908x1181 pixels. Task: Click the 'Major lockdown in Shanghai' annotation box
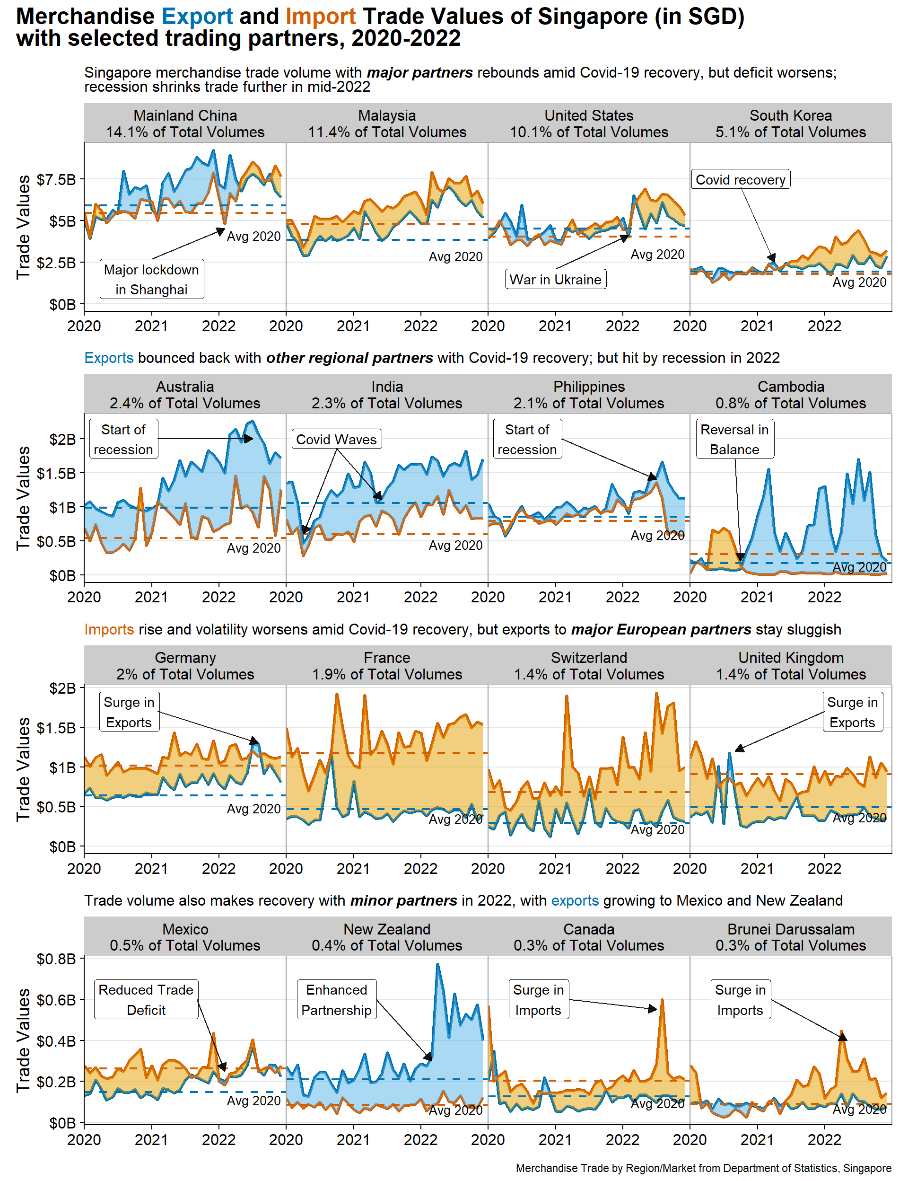click(151, 279)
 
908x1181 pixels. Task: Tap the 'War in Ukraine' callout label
click(555, 279)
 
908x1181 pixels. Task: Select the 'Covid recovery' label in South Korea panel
click(740, 179)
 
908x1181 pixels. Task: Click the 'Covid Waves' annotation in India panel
click(336, 439)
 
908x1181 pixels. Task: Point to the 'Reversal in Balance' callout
click(734, 439)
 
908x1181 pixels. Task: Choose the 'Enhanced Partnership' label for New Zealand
click(336, 1000)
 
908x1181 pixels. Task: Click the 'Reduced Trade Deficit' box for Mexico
click(146, 1000)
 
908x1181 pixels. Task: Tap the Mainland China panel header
click(185, 124)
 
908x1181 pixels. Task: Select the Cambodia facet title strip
click(790, 395)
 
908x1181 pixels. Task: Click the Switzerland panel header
click(589, 666)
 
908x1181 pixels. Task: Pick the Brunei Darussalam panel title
click(790, 937)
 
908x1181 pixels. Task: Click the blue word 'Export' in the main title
click(197, 17)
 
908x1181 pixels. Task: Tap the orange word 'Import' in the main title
click(321, 17)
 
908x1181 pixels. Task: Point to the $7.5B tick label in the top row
click(56, 179)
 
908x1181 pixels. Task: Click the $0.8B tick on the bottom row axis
click(56, 959)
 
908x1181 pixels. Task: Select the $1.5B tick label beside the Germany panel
click(56, 728)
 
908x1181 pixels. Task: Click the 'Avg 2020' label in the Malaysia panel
click(455, 257)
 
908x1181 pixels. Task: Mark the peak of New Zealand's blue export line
click(437, 964)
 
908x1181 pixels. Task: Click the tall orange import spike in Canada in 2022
click(662, 1000)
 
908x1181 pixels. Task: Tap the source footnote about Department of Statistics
click(703, 1168)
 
